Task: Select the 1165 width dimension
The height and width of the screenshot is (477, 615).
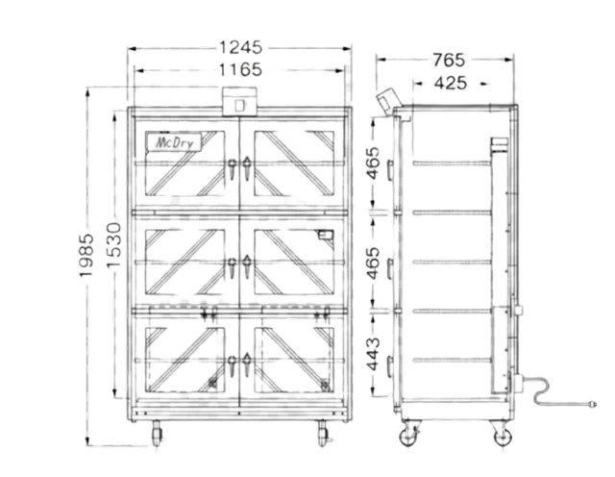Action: [241, 69]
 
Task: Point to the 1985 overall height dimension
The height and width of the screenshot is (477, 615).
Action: [86, 256]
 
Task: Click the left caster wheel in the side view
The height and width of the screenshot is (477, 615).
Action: [408, 436]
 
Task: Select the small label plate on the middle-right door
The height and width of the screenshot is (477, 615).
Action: [326, 234]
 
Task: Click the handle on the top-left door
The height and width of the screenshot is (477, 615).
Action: [234, 170]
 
